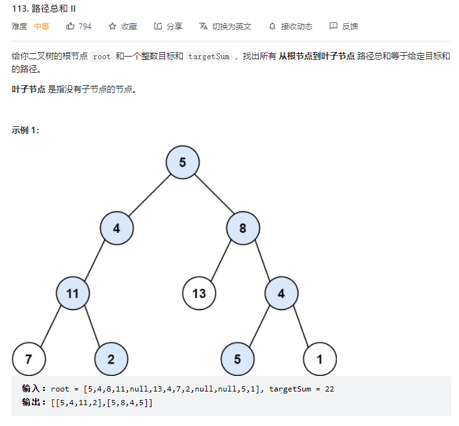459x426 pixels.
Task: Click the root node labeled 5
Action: (x=182, y=163)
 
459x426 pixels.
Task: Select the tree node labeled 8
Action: (x=243, y=228)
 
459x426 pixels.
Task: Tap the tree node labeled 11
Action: (x=72, y=293)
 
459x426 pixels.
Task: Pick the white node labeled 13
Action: (x=199, y=293)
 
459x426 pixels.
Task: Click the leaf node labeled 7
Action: (x=29, y=359)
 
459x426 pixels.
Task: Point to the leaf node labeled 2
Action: (x=111, y=359)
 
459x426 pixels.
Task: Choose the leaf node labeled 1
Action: (x=319, y=359)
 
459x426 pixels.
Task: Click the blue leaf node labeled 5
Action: (x=237, y=359)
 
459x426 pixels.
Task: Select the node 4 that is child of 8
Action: (x=281, y=293)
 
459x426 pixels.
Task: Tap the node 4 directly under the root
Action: (x=116, y=228)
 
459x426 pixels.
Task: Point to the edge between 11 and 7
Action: (x=51, y=326)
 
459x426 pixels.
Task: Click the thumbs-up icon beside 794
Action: (x=70, y=27)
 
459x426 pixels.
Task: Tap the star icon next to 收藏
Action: (x=112, y=27)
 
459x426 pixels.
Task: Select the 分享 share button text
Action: (x=174, y=27)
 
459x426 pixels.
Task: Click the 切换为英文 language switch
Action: (x=231, y=27)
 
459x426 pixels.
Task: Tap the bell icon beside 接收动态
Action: (x=272, y=27)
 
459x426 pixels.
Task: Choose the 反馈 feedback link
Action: (x=350, y=27)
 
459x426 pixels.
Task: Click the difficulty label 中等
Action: (x=42, y=27)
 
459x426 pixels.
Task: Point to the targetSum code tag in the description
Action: (x=209, y=57)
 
